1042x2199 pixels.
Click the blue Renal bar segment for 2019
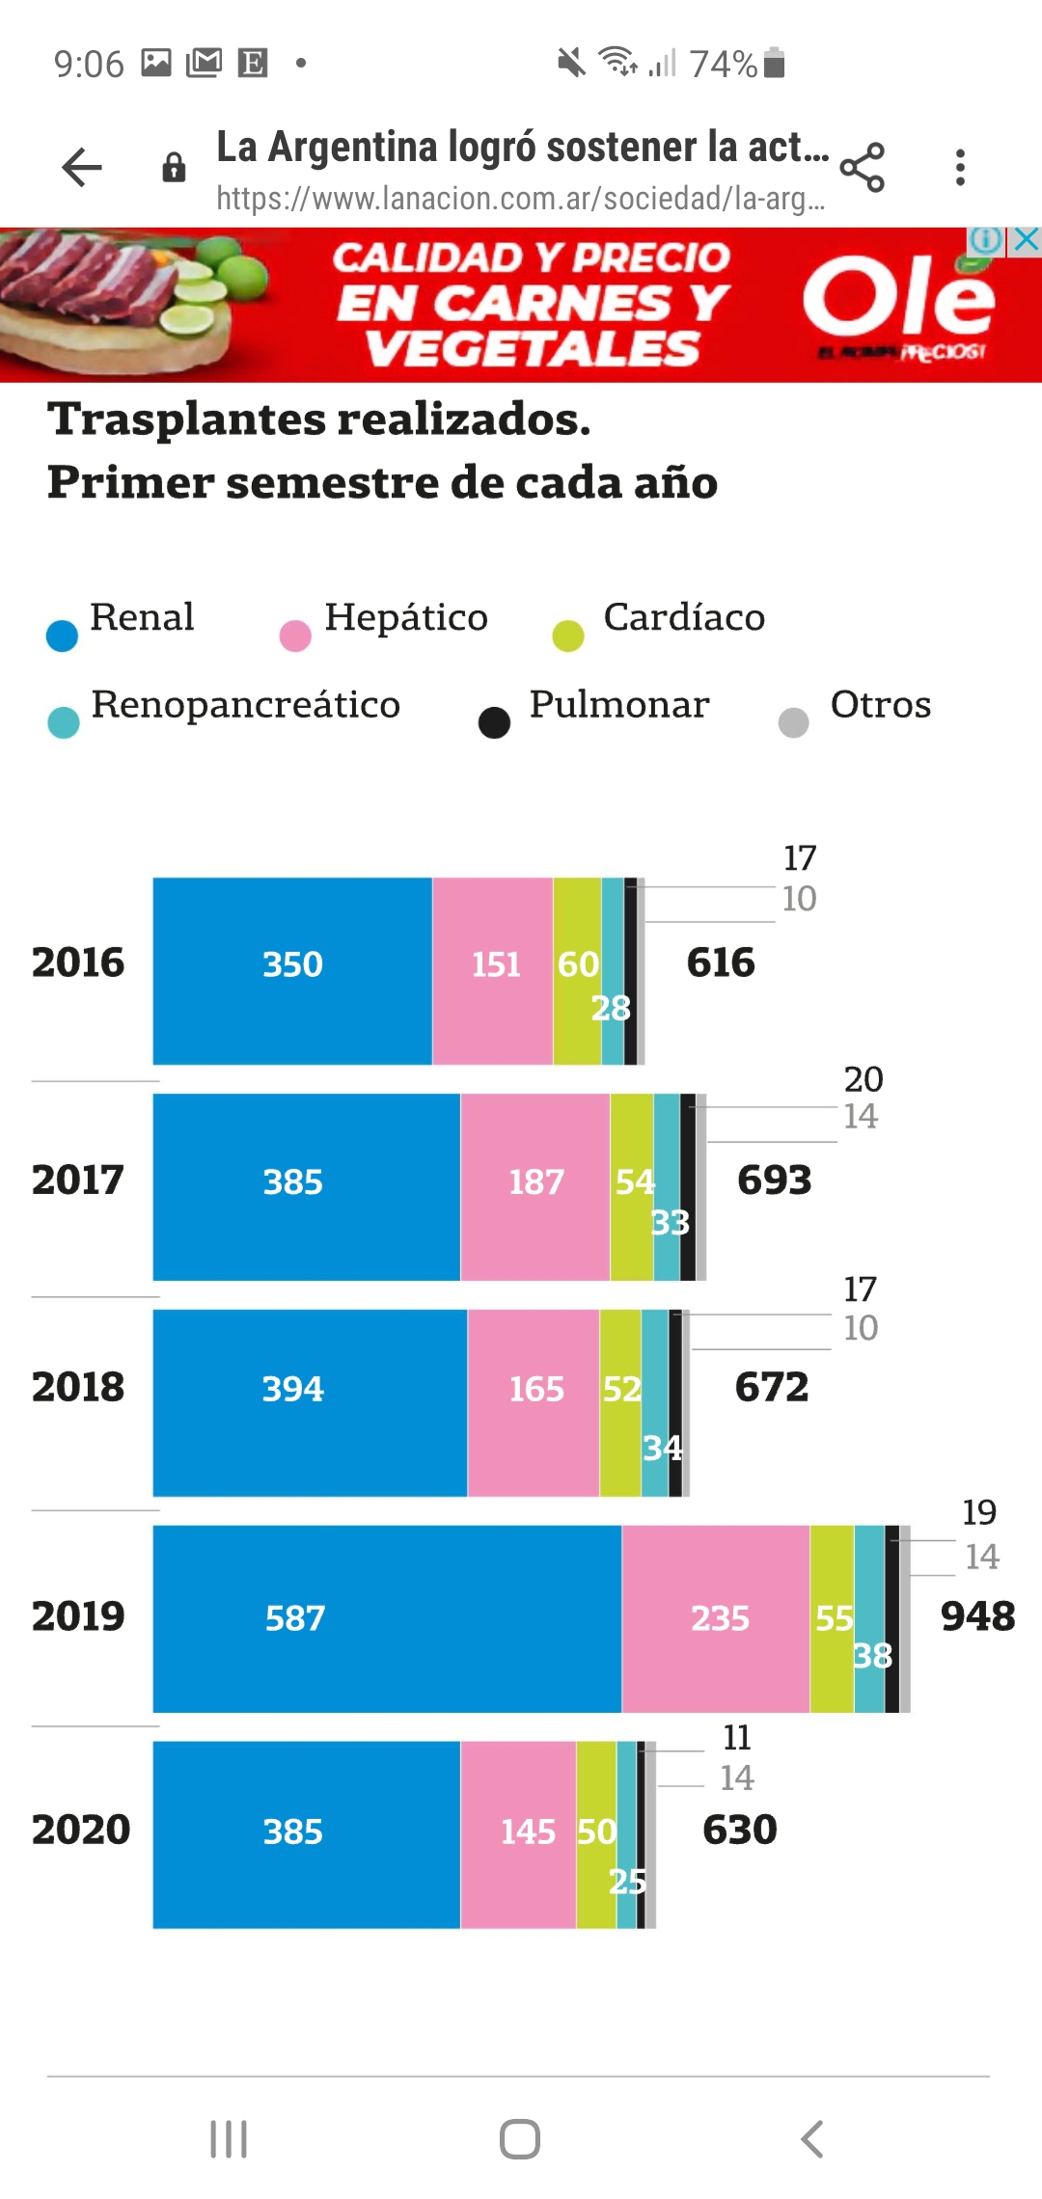tap(386, 1618)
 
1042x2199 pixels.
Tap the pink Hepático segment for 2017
tap(535, 1186)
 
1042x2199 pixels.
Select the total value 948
tap(977, 1616)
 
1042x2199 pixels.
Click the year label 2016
tap(78, 963)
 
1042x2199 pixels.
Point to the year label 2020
tap(81, 1830)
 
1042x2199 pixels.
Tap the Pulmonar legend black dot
tap(494, 722)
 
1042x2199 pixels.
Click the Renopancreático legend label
tap(245, 705)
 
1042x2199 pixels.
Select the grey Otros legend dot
tap(793, 722)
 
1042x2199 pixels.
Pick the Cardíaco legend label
tap(684, 617)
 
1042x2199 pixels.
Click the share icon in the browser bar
tap(863, 168)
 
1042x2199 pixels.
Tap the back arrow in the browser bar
tap(82, 168)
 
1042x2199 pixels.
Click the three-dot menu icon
tap(960, 168)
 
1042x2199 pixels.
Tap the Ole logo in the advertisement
tap(898, 299)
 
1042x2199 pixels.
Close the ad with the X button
tap(1027, 240)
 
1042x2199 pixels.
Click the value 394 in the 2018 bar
tap(293, 1389)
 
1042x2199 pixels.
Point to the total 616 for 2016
tap(721, 963)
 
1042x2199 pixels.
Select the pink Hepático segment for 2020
tap(518, 1832)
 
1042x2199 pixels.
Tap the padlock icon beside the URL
tap(174, 168)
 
